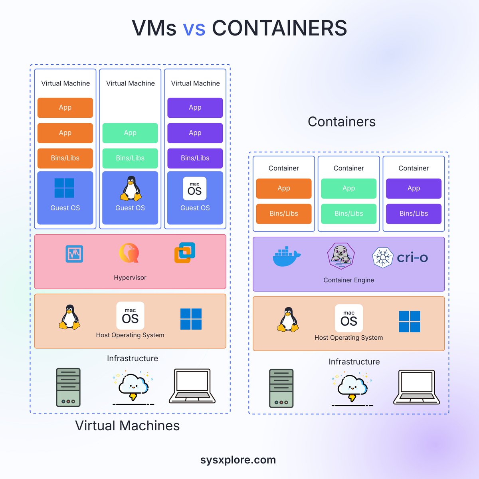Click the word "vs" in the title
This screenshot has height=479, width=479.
(x=194, y=28)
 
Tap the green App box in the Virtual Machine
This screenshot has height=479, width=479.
(x=130, y=133)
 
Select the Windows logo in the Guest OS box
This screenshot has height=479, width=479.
(x=64, y=188)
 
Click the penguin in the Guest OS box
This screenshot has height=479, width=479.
(x=131, y=188)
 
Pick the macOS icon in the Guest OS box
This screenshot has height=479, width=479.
(x=195, y=188)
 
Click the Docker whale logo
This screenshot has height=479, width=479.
(x=286, y=257)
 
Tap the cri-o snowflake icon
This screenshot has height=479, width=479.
(x=382, y=257)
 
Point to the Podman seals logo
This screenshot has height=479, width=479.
(x=341, y=256)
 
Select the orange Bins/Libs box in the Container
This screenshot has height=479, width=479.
(x=283, y=214)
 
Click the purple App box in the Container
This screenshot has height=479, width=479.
(x=414, y=188)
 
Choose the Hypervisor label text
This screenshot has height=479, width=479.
(x=130, y=277)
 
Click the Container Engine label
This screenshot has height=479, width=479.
(x=348, y=280)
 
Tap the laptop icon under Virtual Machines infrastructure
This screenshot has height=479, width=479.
(x=192, y=386)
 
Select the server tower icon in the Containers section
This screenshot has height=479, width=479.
(x=281, y=388)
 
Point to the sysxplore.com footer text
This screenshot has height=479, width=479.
(x=238, y=460)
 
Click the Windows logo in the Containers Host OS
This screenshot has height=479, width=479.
(x=410, y=322)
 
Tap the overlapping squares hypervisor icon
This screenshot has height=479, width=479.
(x=184, y=253)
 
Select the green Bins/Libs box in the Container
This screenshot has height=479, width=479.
(x=348, y=214)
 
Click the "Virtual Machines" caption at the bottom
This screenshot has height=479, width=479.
(x=127, y=426)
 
